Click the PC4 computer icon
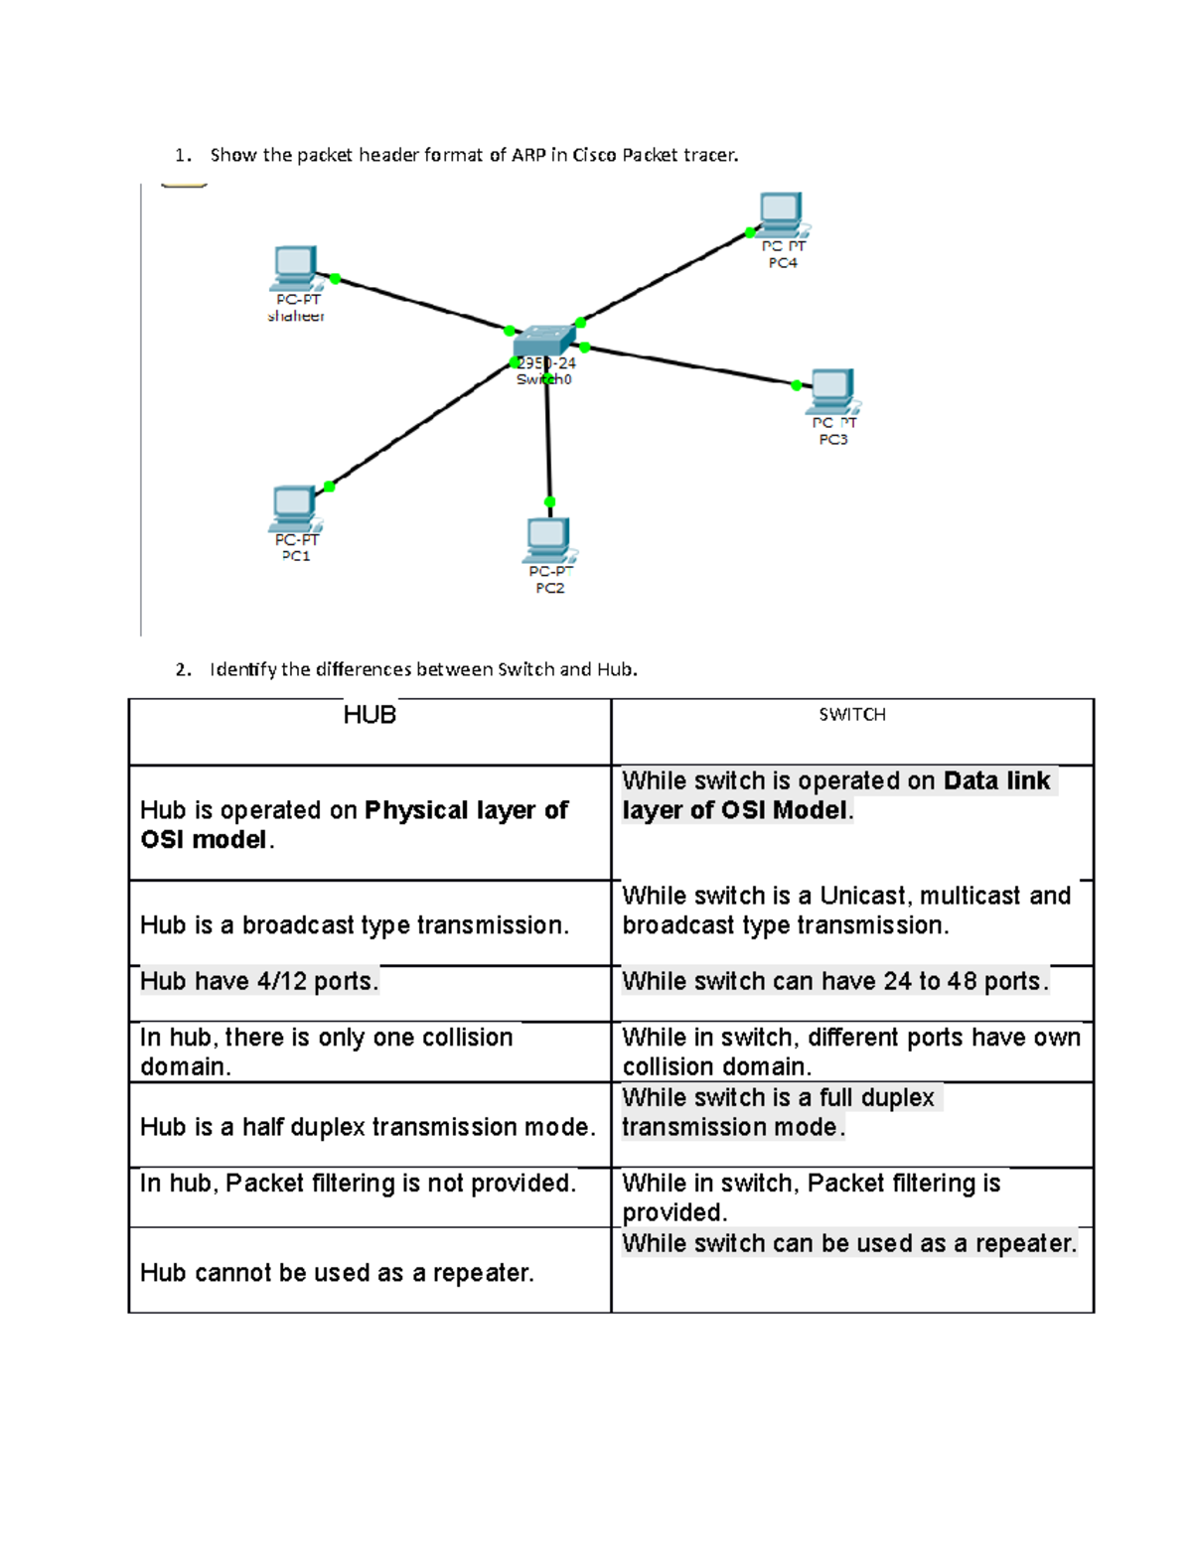click(x=782, y=211)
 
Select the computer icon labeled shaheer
click(x=295, y=266)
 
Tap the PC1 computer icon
click(x=294, y=506)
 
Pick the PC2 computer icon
click(x=548, y=539)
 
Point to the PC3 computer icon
click(x=832, y=389)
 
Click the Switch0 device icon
click(x=543, y=342)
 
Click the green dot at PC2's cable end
click(x=549, y=502)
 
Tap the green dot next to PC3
click(x=796, y=385)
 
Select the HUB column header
click(x=370, y=716)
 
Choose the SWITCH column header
click(x=852, y=715)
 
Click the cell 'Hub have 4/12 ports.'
click(x=259, y=982)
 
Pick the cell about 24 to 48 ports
click(x=834, y=982)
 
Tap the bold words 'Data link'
click(x=996, y=781)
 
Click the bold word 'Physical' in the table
click(x=415, y=811)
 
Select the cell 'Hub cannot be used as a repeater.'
click(x=337, y=1273)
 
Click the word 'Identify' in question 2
click(x=242, y=669)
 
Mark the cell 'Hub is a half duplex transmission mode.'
click(x=368, y=1127)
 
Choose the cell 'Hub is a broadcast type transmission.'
click(x=355, y=925)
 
